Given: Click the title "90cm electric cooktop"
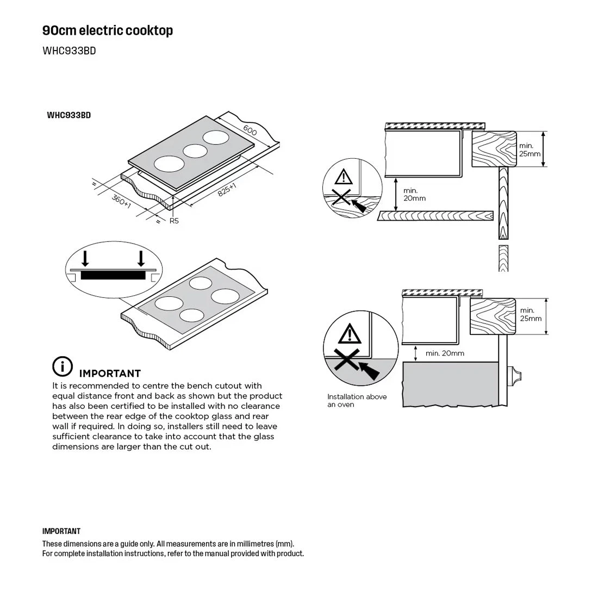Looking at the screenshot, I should point(108,30).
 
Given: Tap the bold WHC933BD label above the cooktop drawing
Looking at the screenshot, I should point(68,115).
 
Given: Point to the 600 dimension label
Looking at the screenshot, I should point(250,130).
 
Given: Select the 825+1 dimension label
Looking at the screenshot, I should point(227,190).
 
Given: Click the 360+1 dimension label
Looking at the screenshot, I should point(122,201).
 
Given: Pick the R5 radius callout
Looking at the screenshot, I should point(174,221).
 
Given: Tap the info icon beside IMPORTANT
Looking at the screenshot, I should point(63,367).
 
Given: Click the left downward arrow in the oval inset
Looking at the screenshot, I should point(85,258).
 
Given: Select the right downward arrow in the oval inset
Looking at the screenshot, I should point(141,258).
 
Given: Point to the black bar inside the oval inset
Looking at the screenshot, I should point(113,276).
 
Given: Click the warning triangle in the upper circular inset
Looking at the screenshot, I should point(343,177).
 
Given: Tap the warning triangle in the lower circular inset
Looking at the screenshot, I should point(348,332).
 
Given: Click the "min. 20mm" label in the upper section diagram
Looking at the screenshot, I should point(414,195).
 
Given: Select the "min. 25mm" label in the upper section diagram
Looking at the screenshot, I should point(530,149).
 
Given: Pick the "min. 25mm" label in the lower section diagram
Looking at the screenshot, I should point(531,314).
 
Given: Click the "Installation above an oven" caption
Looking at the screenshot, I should point(357,401).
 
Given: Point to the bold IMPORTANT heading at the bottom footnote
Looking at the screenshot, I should point(61,531).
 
